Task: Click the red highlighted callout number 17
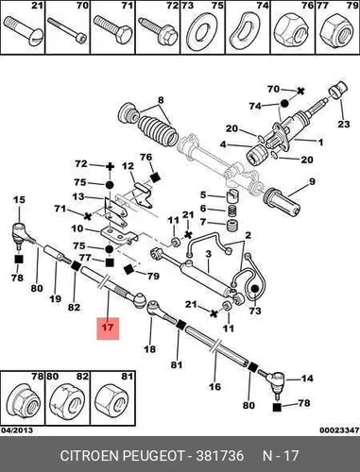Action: [x=108, y=328]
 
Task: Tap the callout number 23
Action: [x=344, y=124]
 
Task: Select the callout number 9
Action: [x=312, y=181]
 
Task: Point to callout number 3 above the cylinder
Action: [x=209, y=254]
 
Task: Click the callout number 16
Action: [x=215, y=386]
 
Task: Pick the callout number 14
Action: [x=307, y=378]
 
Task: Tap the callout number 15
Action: [x=19, y=200]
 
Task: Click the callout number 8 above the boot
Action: [x=161, y=100]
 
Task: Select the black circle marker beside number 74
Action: [x=284, y=104]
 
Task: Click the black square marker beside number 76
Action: [x=155, y=177]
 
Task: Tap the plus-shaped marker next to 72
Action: [x=110, y=166]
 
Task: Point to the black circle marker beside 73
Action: [x=255, y=289]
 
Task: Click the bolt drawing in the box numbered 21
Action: [x=22, y=31]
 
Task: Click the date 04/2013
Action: [x=16, y=430]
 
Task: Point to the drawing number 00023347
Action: [x=339, y=430]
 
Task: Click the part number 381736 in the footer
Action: [x=220, y=456]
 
